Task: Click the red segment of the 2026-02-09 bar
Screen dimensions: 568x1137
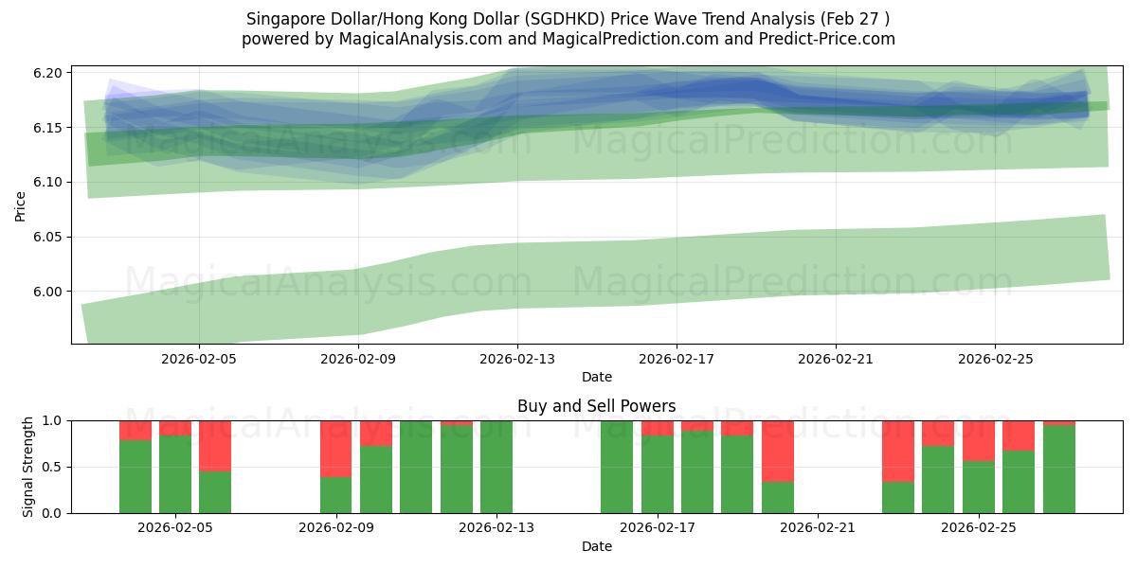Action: click(335, 449)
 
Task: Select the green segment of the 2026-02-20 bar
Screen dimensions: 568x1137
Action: click(777, 498)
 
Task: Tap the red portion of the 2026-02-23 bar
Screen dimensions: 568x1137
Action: click(897, 451)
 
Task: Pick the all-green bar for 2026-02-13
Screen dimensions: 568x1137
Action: click(496, 467)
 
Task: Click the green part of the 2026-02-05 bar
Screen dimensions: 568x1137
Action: click(215, 492)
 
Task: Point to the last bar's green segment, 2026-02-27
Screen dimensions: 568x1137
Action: click(1058, 470)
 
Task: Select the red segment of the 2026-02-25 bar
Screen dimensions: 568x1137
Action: click(978, 440)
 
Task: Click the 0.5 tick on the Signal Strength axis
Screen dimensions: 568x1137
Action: click(53, 467)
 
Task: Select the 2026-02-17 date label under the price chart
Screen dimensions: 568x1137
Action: click(676, 360)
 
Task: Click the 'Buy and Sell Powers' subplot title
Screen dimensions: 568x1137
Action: click(596, 406)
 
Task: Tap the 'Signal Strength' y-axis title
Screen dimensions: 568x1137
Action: click(28, 467)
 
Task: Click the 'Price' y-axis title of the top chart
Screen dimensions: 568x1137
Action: click(21, 204)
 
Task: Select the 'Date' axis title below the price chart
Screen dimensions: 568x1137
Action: click(596, 377)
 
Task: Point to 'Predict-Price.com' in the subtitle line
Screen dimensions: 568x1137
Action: click(827, 39)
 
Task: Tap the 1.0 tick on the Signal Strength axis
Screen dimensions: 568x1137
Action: click(53, 420)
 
